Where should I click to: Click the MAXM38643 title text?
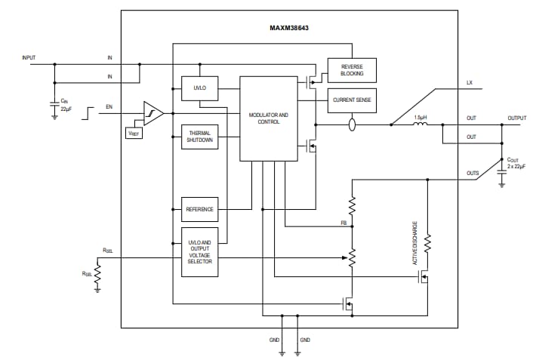tap(289, 28)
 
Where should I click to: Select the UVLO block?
tap(199, 88)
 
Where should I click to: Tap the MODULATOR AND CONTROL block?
tap(268, 118)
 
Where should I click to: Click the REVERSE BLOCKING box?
tap(352, 69)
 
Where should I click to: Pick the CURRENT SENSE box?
tap(352, 100)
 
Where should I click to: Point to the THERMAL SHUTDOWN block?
tap(199, 137)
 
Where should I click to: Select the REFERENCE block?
tap(199, 209)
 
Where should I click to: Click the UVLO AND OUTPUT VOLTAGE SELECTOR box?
tap(199, 251)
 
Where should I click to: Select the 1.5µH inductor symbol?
tap(421, 125)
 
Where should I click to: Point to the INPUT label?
tap(29, 57)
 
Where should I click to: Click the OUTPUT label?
tap(516, 118)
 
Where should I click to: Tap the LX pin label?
tap(470, 82)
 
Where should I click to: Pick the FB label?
tap(344, 223)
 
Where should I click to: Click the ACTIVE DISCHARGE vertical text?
tap(414, 242)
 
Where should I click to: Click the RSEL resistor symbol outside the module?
tap(97, 275)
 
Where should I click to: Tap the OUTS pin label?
tap(472, 174)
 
